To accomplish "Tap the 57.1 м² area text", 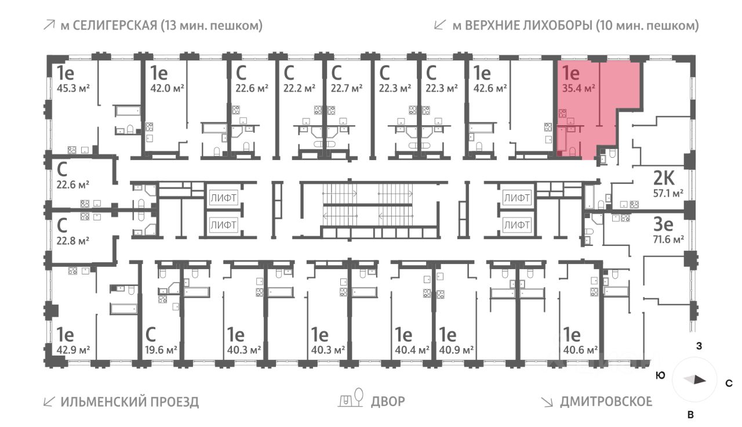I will [668, 193].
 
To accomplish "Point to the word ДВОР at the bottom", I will [388, 401].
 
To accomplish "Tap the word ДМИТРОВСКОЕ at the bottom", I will [606, 401].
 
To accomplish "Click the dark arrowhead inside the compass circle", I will [699, 381].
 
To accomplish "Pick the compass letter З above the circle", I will [699, 347].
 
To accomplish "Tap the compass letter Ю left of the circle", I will [660, 375].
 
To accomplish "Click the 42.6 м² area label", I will [491, 89].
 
